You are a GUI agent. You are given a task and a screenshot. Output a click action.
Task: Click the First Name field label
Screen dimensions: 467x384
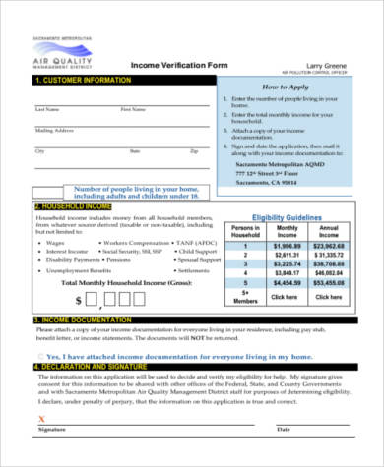click(x=132, y=109)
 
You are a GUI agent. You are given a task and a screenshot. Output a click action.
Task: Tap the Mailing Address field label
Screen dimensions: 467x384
click(x=55, y=130)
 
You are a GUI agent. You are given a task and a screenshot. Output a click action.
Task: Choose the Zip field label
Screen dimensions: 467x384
click(x=194, y=151)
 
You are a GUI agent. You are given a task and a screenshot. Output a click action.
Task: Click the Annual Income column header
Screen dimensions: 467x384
click(x=329, y=231)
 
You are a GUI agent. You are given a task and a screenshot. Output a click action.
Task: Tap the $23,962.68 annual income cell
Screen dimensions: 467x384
click(x=329, y=247)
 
